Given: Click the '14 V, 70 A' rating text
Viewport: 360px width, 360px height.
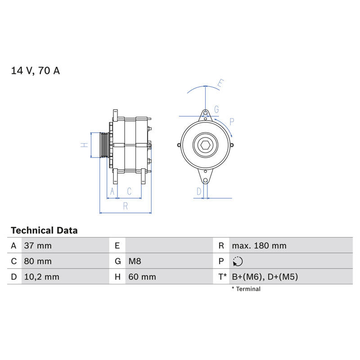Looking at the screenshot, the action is coord(36,71).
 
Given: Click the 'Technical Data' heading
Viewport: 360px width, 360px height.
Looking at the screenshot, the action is coord(44,230).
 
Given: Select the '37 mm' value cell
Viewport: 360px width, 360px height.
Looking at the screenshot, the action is coord(38,246).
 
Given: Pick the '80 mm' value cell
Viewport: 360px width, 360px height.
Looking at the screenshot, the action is coord(38,261).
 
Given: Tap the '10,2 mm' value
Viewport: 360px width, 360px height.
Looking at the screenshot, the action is coord(41,277).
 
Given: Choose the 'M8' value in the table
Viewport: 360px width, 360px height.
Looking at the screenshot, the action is coord(135,261).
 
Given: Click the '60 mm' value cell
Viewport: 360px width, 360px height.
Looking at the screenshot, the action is coord(142,277).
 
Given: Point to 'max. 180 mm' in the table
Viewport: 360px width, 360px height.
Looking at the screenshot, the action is coord(259,246).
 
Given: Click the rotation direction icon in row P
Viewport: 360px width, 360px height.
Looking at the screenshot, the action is coord(238,261).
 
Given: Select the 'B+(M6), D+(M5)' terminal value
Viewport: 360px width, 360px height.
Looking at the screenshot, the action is coord(265,277).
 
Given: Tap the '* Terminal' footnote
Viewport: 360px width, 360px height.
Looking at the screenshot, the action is coord(246,289).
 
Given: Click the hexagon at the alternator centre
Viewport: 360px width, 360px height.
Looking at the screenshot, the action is coord(205,145).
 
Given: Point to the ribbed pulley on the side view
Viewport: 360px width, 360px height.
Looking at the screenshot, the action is coord(104,145).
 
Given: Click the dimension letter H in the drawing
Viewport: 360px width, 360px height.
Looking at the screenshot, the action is coord(84,145).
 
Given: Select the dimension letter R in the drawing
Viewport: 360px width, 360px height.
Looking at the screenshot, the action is coord(126,206).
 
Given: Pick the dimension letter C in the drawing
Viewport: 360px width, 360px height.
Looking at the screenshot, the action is coord(129,191).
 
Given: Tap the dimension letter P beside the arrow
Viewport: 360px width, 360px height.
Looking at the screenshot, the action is coord(232,121).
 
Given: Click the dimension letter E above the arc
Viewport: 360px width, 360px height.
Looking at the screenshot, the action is coord(220,83).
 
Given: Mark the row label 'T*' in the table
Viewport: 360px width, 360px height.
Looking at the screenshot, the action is coord(222,277).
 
